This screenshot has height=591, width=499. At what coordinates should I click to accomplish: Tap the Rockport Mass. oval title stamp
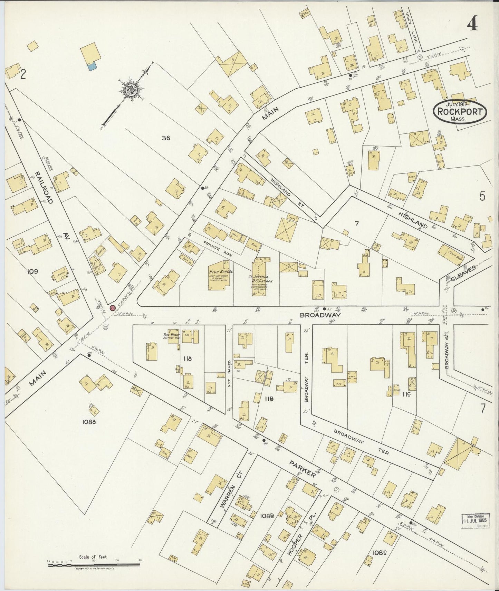pos(460,111)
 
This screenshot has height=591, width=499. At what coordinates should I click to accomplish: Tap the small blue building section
pos(92,66)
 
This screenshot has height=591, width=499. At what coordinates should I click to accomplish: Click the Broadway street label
pos(320,315)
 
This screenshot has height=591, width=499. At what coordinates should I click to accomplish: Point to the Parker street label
pos(302,468)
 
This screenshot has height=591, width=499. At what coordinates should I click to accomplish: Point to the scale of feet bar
pos(94,565)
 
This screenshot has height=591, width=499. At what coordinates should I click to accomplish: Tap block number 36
pos(166,138)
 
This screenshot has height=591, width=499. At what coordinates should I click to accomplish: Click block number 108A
pos(89,421)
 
